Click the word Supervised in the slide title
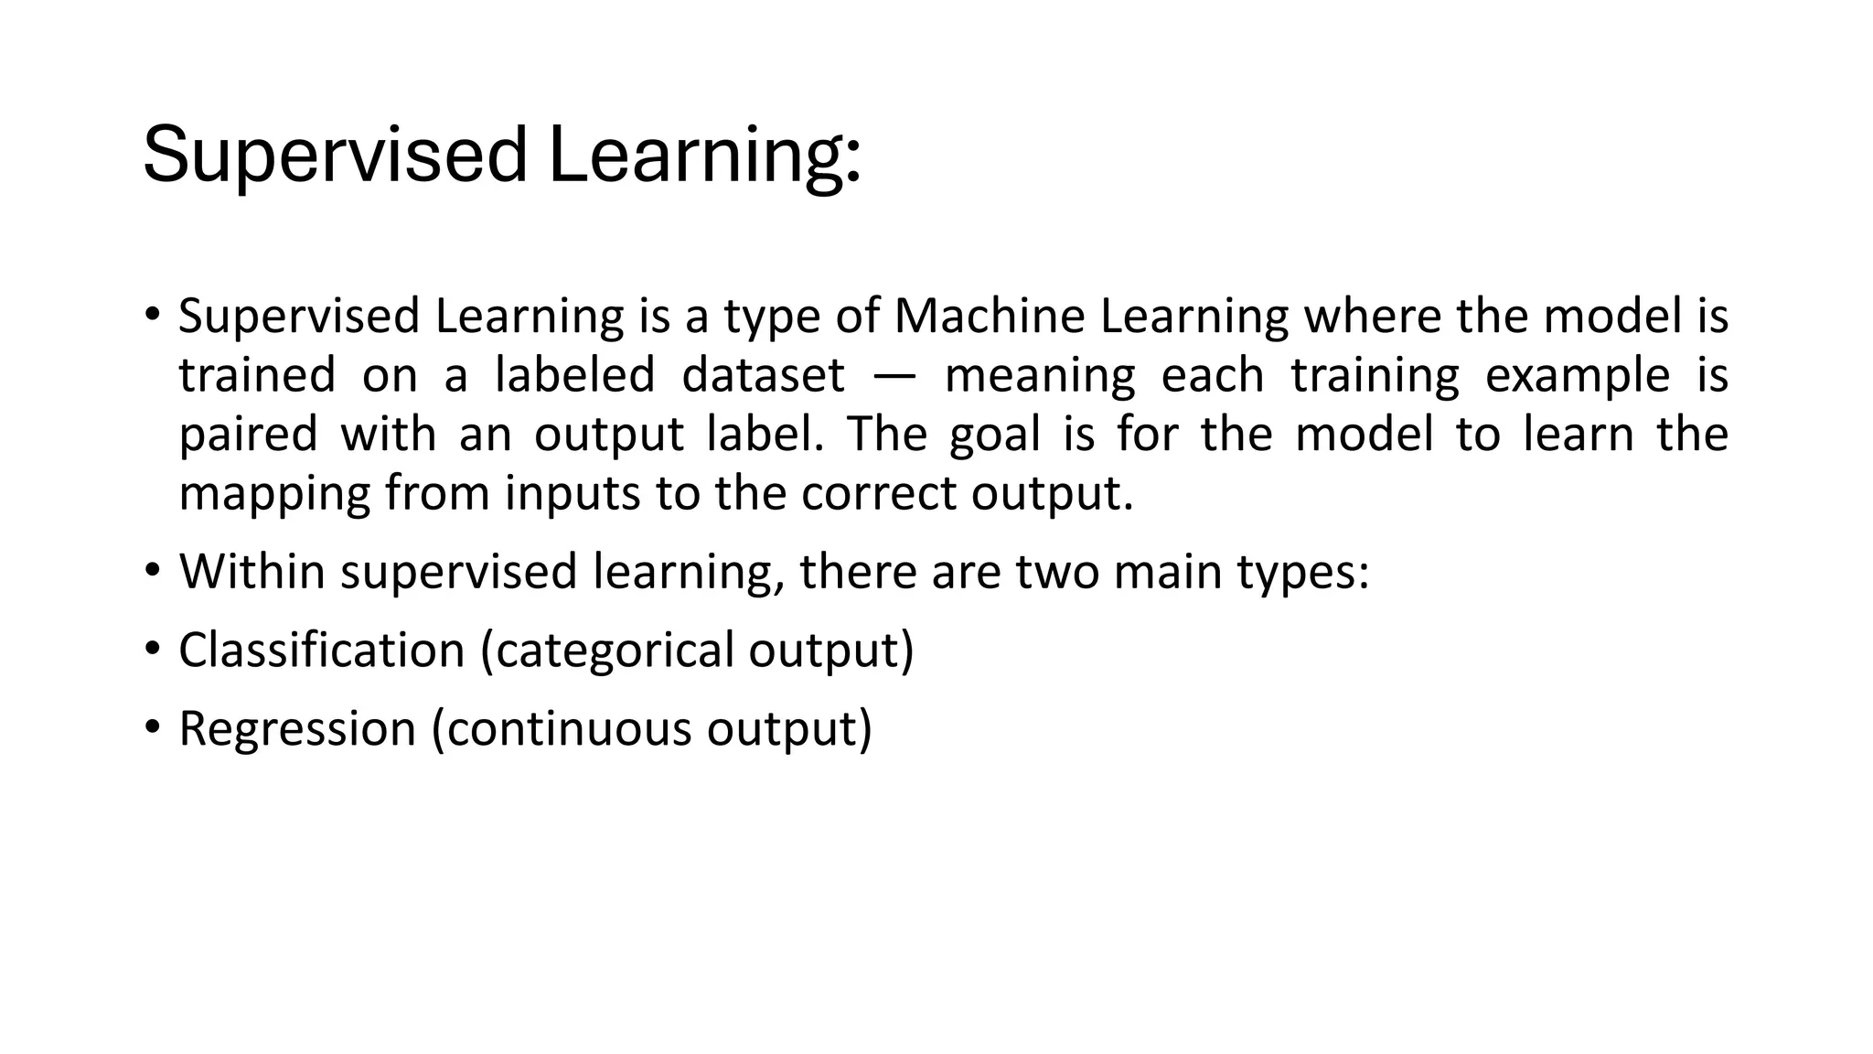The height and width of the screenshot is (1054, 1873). [335, 156]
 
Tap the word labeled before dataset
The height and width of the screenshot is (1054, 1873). [575, 376]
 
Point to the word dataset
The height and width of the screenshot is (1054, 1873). [763, 376]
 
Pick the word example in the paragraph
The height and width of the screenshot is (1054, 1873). [1577, 376]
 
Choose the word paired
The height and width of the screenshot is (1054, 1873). [248, 435]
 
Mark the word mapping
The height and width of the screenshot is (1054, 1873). [274, 494]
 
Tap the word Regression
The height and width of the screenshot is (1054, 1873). [297, 729]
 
